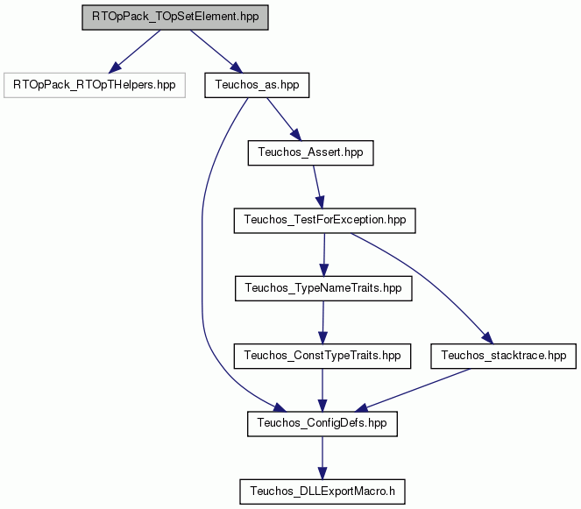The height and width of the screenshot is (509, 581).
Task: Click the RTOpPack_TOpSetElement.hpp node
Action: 175,18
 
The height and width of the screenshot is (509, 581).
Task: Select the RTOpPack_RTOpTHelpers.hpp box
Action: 95,85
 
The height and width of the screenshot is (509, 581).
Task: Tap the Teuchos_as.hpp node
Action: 257,85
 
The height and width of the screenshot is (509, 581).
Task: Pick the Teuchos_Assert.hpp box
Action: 310,152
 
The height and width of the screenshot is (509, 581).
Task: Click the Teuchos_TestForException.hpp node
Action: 324,221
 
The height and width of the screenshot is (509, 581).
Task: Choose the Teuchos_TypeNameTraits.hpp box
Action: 323,288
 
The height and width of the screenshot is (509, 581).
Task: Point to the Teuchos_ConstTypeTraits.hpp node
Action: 322,356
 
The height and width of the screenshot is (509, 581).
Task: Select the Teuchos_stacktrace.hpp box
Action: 504,356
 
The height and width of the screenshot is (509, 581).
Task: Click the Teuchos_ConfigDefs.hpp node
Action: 322,423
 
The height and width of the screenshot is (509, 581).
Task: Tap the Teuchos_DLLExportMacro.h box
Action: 322,491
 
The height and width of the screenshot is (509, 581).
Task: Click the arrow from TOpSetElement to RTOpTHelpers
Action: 134,52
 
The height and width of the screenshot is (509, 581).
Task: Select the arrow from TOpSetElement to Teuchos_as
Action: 216,52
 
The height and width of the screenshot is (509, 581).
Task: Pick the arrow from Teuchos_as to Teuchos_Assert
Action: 284,119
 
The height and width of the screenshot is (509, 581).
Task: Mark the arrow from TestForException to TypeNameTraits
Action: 324,254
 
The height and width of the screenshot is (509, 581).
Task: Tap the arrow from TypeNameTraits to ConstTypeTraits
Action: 323,322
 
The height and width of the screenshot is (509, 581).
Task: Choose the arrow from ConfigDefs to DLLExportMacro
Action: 322,458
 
